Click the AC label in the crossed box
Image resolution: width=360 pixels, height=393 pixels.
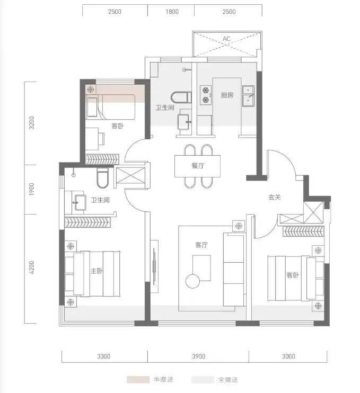coord(226,39)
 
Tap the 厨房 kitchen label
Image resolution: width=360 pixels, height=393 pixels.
coord(227,95)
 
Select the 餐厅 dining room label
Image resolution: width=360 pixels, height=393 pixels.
coord(198,166)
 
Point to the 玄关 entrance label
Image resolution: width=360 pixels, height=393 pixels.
coord(275,197)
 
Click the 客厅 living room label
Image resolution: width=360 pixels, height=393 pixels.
coord(201,245)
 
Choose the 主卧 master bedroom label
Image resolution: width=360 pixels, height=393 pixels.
coord(96,271)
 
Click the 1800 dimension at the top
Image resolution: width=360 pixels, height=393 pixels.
coord(172,12)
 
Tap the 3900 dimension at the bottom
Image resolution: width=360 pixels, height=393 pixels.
coord(198,356)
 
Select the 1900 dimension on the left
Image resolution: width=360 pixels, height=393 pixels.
coord(31,189)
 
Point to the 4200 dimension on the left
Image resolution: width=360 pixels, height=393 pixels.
coord(31,267)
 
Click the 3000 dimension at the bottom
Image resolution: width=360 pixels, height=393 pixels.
coord(288,356)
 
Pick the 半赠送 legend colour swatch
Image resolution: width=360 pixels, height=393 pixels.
coord(138,379)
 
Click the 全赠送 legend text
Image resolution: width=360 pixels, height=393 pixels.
coord(228,380)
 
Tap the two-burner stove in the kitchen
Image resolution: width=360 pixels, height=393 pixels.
coord(206,95)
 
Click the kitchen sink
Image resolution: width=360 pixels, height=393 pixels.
coord(248,96)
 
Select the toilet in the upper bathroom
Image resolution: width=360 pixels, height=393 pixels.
coord(181,97)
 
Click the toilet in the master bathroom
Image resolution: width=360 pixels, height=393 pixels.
coord(103,178)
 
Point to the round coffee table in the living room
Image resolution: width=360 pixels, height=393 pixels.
coord(192,281)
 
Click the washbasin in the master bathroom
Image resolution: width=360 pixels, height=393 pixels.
coord(80,202)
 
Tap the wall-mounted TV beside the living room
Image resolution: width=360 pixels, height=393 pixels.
coord(154,266)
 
